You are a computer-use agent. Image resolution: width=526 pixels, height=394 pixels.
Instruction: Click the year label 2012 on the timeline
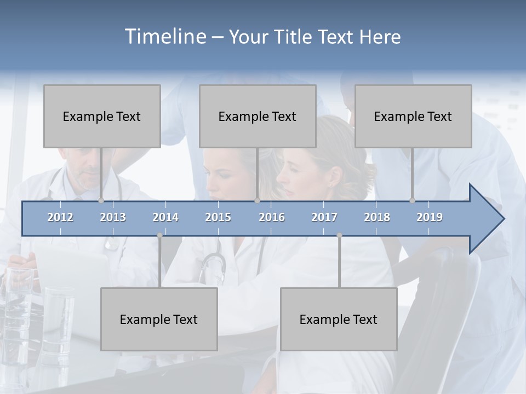point(60,217)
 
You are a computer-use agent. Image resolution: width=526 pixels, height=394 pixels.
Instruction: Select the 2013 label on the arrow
point(113,217)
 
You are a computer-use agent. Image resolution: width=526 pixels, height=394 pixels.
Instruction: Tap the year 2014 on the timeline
point(165,217)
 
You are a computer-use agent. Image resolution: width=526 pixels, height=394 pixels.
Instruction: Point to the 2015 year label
point(218,217)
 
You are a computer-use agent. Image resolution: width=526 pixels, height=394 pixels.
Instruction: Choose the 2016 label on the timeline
point(272,217)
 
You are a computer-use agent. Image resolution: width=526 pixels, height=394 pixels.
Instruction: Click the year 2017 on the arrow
point(324,217)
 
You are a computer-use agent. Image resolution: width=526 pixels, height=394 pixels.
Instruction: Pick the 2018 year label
point(377,217)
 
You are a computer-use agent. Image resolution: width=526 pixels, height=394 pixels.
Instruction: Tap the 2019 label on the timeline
point(430,217)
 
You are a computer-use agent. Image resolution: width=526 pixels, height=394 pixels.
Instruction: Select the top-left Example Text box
point(102,116)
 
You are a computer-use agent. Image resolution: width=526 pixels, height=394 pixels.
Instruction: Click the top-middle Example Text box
point(258,116)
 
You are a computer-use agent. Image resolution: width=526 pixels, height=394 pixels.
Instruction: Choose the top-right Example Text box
point(413,116)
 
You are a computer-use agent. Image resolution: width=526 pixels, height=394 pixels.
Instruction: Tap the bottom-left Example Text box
point(159,319)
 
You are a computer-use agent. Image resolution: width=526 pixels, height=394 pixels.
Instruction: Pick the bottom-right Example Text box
point(339,319)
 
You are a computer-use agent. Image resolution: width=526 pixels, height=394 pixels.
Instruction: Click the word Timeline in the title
point(164,37)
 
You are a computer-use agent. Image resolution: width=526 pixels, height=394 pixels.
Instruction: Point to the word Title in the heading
point(295,37)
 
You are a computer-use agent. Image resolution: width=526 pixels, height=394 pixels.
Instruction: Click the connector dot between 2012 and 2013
point(101,200)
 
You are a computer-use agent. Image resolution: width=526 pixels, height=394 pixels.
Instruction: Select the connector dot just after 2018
point(412,200)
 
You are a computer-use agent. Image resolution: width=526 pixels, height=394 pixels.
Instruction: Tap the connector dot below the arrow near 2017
point(339,235)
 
